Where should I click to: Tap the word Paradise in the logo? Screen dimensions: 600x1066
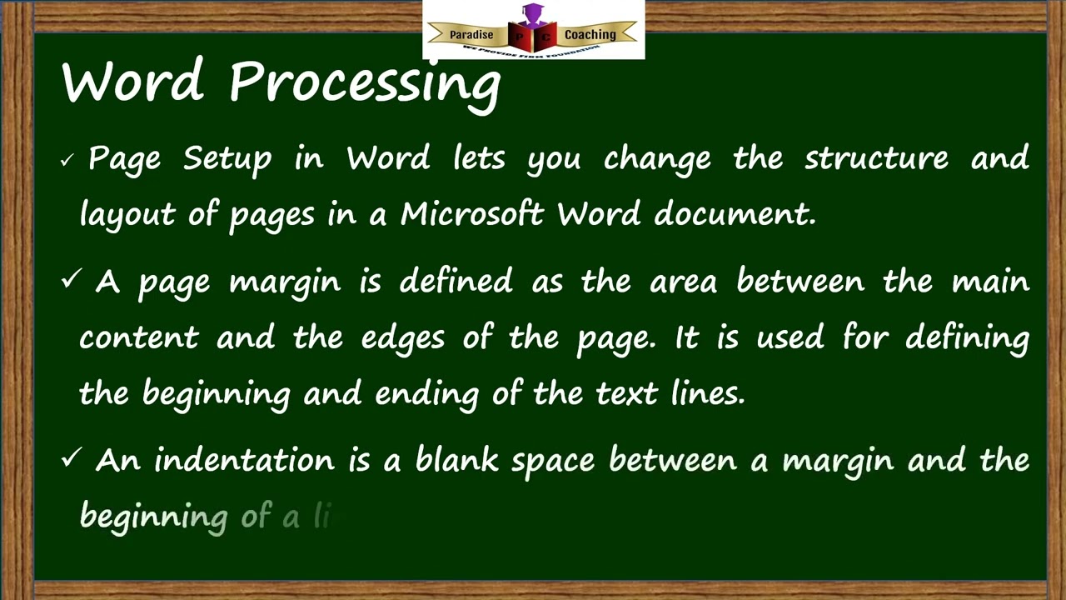pyautogui.click(x=471, y=35)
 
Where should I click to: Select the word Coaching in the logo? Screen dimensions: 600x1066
pyautogui.click(x=590, y=35)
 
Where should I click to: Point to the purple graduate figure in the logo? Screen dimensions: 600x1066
pyautogui.click(x=532, y=14)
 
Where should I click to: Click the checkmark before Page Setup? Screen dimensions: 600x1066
pyautogui.click(x=67, y=160)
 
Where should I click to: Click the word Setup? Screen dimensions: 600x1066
pyautogui.click(x=227, y=159)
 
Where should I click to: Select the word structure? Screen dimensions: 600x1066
pyautogui.click(x=875, y=158)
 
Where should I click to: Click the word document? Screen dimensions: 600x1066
pyautogui.click(x=734, y=214)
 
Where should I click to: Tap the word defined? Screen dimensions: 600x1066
pyautogui.click(x=456, y=282)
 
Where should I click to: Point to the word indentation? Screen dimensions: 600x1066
pyautogui.click(x=243, y=460)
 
